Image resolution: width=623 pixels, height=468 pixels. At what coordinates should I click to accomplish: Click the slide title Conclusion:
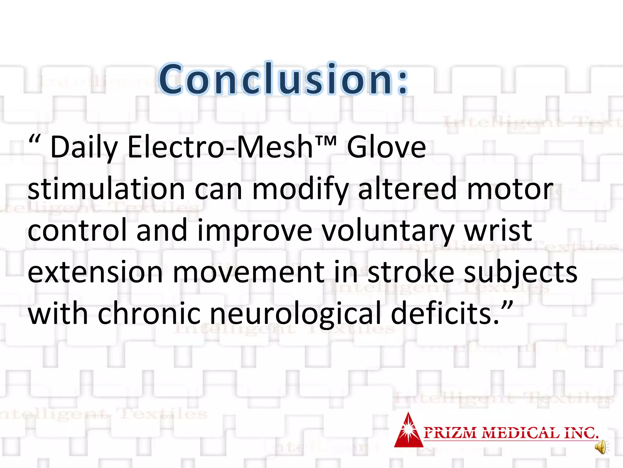coord(284,79)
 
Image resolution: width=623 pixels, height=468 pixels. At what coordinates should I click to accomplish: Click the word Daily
coord(84,148)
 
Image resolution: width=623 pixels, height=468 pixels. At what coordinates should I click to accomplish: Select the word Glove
coord(386,147)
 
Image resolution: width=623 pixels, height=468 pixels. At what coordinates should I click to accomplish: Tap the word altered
coord(408,189)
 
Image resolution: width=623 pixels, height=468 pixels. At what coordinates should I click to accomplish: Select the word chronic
coord(149,313)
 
